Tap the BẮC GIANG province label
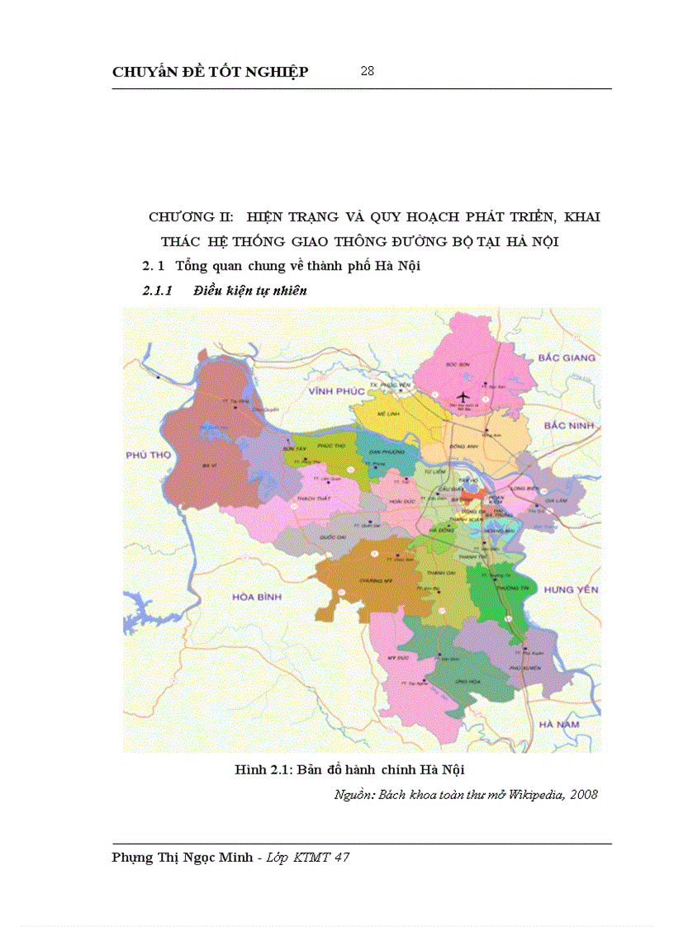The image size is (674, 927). (x=566, y=357)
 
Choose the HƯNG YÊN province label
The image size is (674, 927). (x=572, y=589)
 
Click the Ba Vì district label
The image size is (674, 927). (x=209, y=466)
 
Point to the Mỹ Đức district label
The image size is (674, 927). (x=399, y=656)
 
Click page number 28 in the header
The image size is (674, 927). (x=368, y=71)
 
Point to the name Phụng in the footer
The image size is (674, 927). (x=135, y=858)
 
